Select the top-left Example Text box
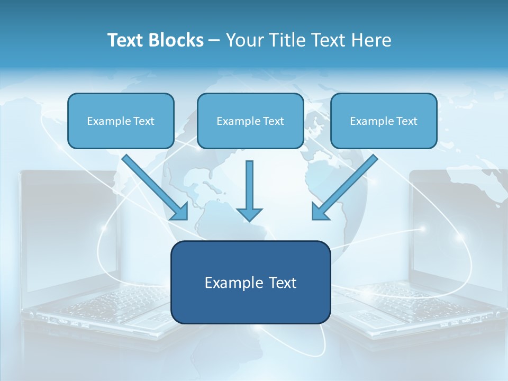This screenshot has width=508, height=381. (121, 121)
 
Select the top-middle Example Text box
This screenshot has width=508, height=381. (250, 121)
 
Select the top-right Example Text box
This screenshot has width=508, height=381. (384, 121)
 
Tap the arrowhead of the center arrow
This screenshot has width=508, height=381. (250, 214)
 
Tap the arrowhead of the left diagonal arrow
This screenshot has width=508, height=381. (180, 212)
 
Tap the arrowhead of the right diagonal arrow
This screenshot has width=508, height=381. (320, 212)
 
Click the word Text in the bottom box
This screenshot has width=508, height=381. (280, 283)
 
